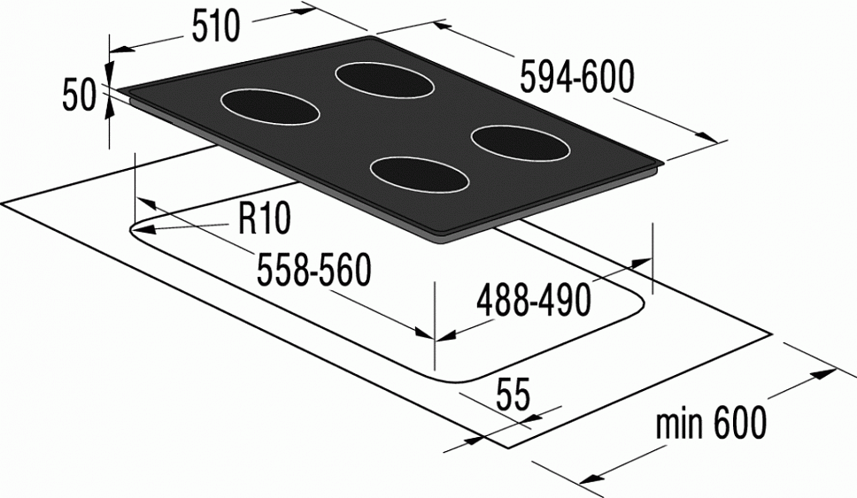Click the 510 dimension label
click(x=215, y=27)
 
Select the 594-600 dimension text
click(x=577, y=78)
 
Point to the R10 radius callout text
click(x=265, y=219)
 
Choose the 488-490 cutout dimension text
click(x=534, y=301)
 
